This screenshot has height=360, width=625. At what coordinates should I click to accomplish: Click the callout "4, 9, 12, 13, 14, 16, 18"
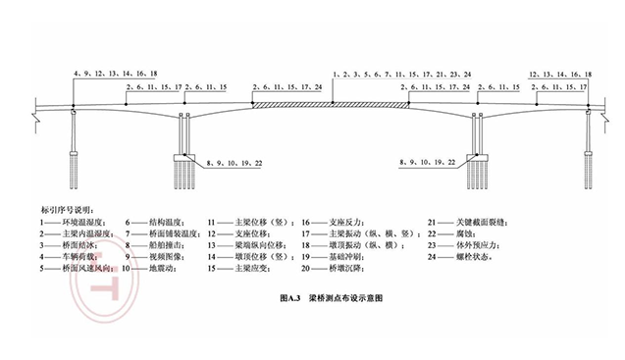[x=115, y=74]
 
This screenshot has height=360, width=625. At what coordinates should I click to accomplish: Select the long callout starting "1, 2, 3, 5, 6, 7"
[x=401, y=74]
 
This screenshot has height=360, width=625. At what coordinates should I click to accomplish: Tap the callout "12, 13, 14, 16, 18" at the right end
[x=559, y=74]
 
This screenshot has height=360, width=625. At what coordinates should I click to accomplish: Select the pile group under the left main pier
[x=187, y=172]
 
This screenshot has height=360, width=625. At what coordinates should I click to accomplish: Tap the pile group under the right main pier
[x=478, y=172]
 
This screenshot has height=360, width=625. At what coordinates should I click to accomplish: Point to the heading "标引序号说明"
[x=64, y=209]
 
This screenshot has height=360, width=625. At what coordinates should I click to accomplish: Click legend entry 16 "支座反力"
[x=336, y=223]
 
